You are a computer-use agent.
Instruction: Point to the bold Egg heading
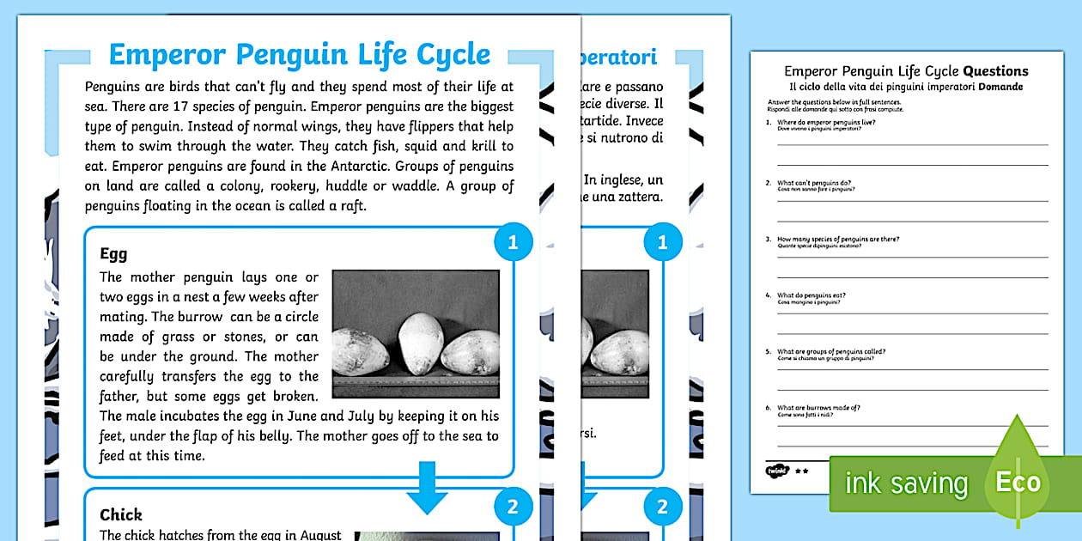click(x=113, y=253)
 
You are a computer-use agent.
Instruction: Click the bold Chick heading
click(x=121, y=514)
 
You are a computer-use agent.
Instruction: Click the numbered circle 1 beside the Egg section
click(x=513, y=243)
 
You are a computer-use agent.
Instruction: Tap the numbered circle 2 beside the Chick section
click(x=513, y=507)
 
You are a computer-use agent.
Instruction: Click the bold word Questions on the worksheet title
click(x=995, y=71)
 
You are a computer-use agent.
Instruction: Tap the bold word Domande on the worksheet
click(x=1000, y=88)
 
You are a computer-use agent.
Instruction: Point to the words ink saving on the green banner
click(x=906, y=483)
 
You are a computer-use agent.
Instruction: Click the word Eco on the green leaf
click(x=1018, y=483)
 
